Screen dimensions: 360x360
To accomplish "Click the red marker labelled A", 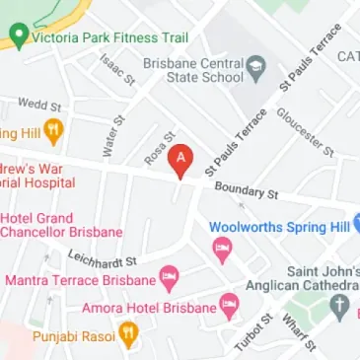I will tap(180, 160).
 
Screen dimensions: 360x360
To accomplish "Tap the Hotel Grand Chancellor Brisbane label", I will tap(62, 224).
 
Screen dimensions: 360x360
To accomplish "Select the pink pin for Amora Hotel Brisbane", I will tap(229, 307).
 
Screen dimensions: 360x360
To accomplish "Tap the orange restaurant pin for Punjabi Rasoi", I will tap(128, 337).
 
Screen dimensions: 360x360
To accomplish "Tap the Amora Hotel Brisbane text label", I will tap(157, 308).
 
